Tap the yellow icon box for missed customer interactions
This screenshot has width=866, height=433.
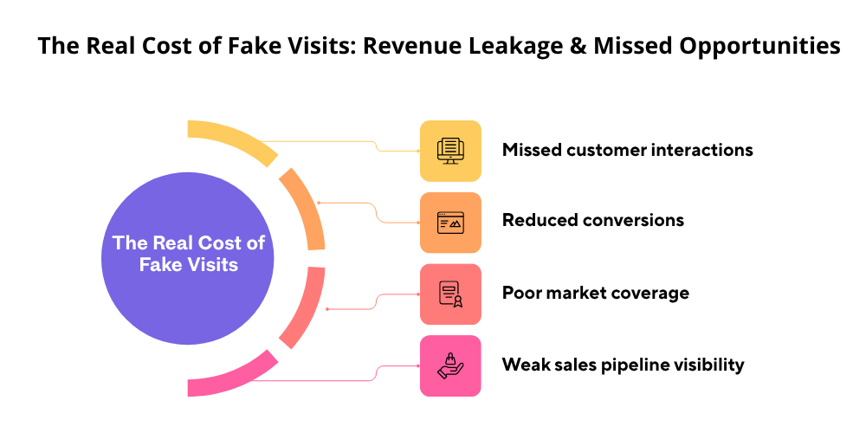coord(450,151)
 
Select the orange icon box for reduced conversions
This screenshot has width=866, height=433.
coord(450,223)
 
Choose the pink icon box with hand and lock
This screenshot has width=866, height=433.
coord(450,365)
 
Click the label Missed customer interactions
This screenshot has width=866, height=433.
coord(627,150)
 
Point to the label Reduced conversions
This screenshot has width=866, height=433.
coord(592,221)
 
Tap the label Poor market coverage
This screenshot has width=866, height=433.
coord(595,293)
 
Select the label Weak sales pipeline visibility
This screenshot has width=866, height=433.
coord(623,365)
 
